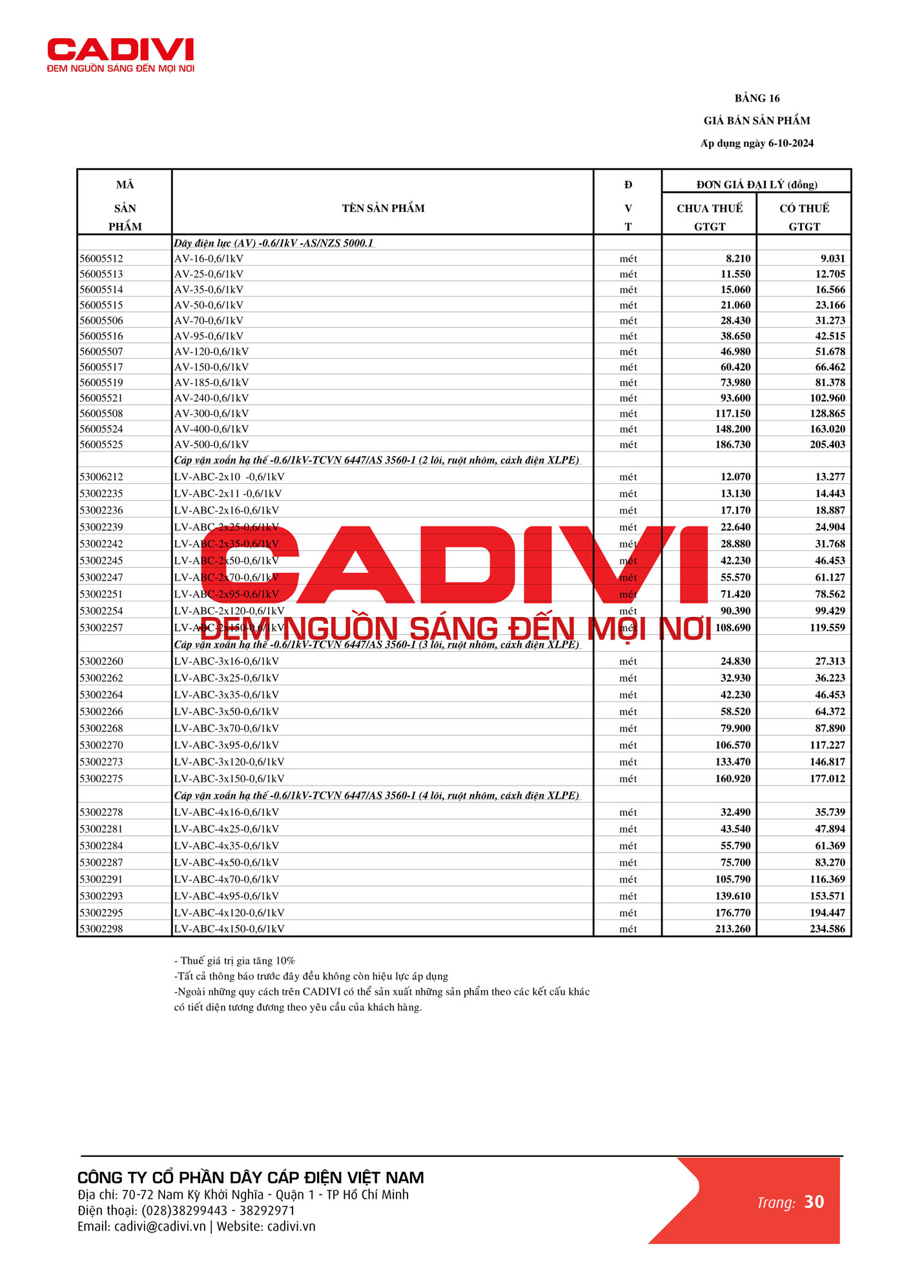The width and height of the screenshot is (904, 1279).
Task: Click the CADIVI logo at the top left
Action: tap(121, 55)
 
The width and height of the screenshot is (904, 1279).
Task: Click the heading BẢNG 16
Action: tap(757, 98)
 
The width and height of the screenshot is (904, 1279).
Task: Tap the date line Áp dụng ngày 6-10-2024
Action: tap(757, 143)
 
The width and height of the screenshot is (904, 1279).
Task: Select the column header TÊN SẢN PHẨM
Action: tap(383, 208)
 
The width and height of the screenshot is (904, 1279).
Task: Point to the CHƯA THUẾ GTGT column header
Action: tap(709, 217)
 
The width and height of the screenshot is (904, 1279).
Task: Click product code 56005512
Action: tap(101, 258)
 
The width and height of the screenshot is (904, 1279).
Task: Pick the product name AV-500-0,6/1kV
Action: tap(211, 444)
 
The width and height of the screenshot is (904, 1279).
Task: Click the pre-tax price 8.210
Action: tap(738, 258)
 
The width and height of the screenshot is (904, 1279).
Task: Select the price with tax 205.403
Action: tap(827, 444)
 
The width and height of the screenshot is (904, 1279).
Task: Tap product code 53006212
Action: tap(101, 477)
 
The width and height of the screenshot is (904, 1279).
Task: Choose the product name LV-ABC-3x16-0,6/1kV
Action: tap(226, 661)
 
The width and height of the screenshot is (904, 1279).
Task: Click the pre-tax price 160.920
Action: tap(733, 778)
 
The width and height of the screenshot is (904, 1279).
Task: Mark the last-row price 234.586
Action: tap(827, 929)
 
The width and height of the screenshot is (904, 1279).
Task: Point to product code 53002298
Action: tap(101, 929)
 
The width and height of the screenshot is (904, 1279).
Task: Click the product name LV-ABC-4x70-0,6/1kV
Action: tap(226, 879)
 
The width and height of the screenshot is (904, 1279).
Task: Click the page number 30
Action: tap(814, 1201)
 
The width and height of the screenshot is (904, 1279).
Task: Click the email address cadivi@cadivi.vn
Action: tap(159, 1226)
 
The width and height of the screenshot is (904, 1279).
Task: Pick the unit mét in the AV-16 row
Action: tap(628, 258)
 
